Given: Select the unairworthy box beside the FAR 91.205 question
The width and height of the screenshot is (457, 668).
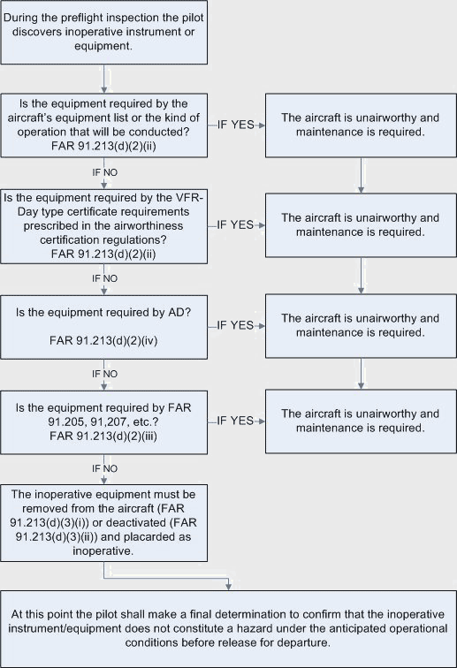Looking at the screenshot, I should click(360, 421).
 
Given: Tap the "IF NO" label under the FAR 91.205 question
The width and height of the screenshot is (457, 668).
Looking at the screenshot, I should click(105, 467).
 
